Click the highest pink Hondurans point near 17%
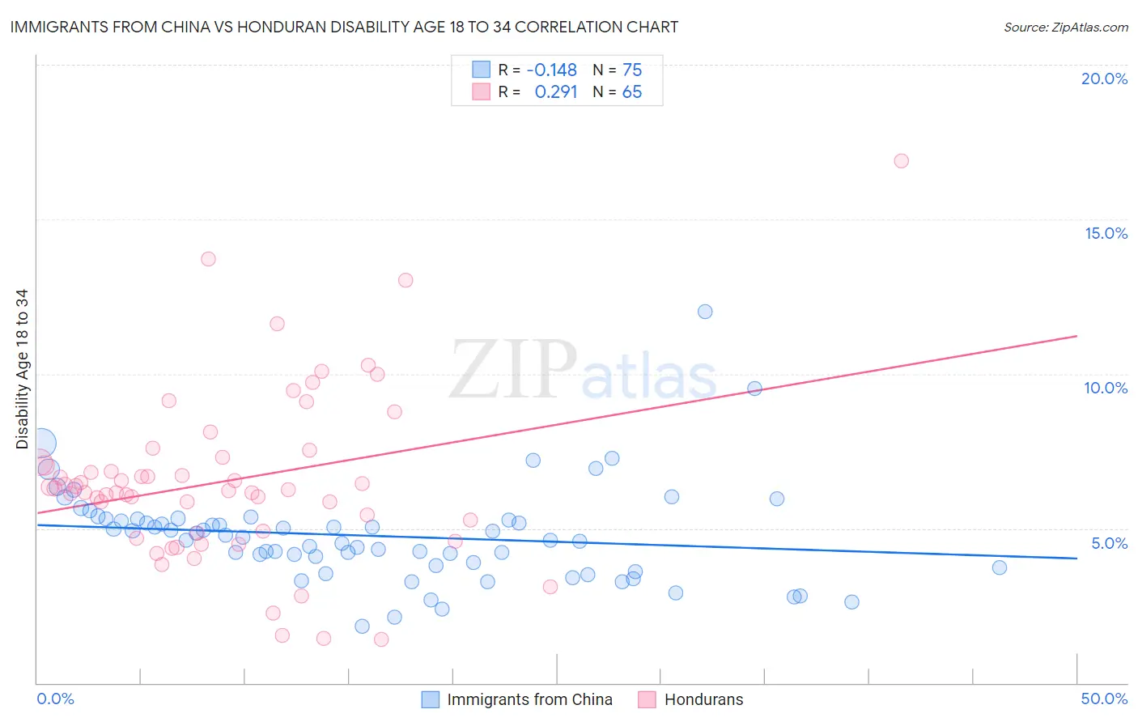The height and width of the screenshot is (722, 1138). (901, 161)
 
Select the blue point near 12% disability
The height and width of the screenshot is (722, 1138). (705, 312)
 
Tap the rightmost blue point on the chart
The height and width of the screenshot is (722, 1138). (1000, 567)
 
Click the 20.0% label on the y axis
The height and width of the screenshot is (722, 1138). (1104, 79)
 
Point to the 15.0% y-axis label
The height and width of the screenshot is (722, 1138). (1106, 233)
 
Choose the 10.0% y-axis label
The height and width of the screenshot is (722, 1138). (1106, 388)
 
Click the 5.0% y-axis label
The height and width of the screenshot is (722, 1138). (1109, 543)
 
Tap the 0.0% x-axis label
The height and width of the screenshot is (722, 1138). (55, 699)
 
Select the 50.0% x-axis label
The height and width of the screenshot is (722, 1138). (1104, 699)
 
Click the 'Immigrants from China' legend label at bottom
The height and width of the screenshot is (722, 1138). (529, 699)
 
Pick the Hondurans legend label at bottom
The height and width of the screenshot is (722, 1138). (703, 699)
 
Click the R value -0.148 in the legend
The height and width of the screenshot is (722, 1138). (551, 70)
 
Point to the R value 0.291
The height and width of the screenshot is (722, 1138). (556, 92)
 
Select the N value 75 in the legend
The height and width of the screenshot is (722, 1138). (632, 70)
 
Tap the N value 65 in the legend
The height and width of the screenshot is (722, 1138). (632, 92)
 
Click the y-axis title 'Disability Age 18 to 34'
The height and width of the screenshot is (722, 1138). (22, 369)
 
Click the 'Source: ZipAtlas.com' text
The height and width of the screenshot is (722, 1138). (1065, 28)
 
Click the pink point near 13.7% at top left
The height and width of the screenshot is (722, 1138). (208, 259)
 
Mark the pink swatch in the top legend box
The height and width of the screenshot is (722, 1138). (481, 91)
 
